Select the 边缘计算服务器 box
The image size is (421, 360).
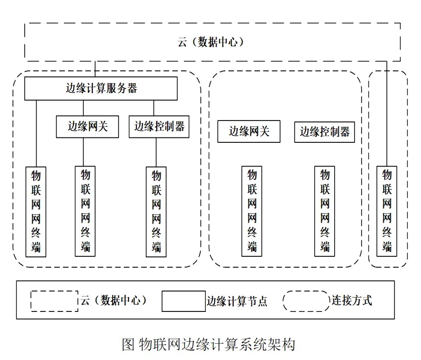click(x=101, y=88)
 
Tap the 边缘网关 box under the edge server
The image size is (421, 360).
click(x=87, y=127)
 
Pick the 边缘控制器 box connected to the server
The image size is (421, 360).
click(x=159, y=127)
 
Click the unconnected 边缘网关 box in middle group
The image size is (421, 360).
click(x=249, y=131)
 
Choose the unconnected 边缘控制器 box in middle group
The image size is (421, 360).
click(x=325, y=131)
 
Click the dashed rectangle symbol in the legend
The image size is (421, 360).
click(x=54, y=301)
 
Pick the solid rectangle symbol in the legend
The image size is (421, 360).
click(x=183, y=301)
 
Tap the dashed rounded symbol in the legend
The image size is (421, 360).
click(x=306, y=301)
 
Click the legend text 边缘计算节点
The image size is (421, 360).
click(x=237, y=301)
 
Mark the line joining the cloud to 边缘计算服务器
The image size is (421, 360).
click(x=96, y=69)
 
